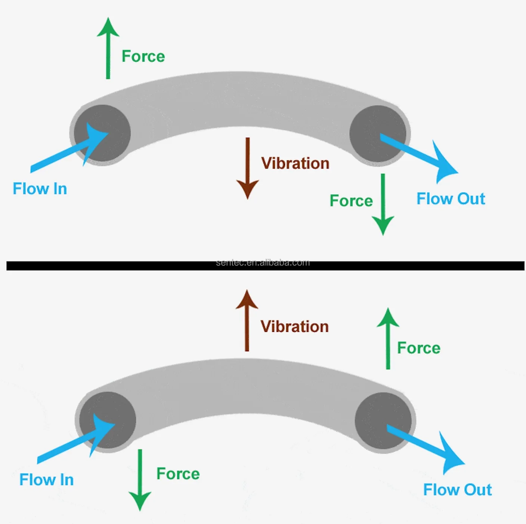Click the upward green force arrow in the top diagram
pyautogui.click(x=108, y=48)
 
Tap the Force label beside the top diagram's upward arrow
pyautogui.click(x=143, y=56)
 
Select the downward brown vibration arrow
pyautogui.click(x=248, y=168)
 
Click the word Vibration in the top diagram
pyautogui.click(x=296, y=163)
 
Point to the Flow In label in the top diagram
pyautogui.click(x=40, y=189)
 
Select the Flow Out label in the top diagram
pyautogui.click(x=451, y=198)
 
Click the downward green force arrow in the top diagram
pyautogui.click(x=383, y=204)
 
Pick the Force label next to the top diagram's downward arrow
pyautogui.click(x=351, y=201)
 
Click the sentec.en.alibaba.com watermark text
pyautogui.click(x=263, y=262)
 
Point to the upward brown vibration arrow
pyautogui.click(x=247, y=320)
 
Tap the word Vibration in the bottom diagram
pyautogui.click(x=295, y=327)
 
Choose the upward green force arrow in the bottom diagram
pyautogui.click(x=388, y=339)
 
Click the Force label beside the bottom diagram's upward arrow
pyautogui.click(x=419, y=348)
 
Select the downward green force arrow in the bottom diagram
pyautogui.click(x=140, y=480)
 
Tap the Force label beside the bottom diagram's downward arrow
pyautogui.click(x=178, y=474)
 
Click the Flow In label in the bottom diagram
pyautogui.click(x=47, y=480)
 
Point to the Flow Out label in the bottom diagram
pyautogui.click(x=458, y=490)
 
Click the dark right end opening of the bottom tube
pyautogui.click(x=383, y=421)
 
